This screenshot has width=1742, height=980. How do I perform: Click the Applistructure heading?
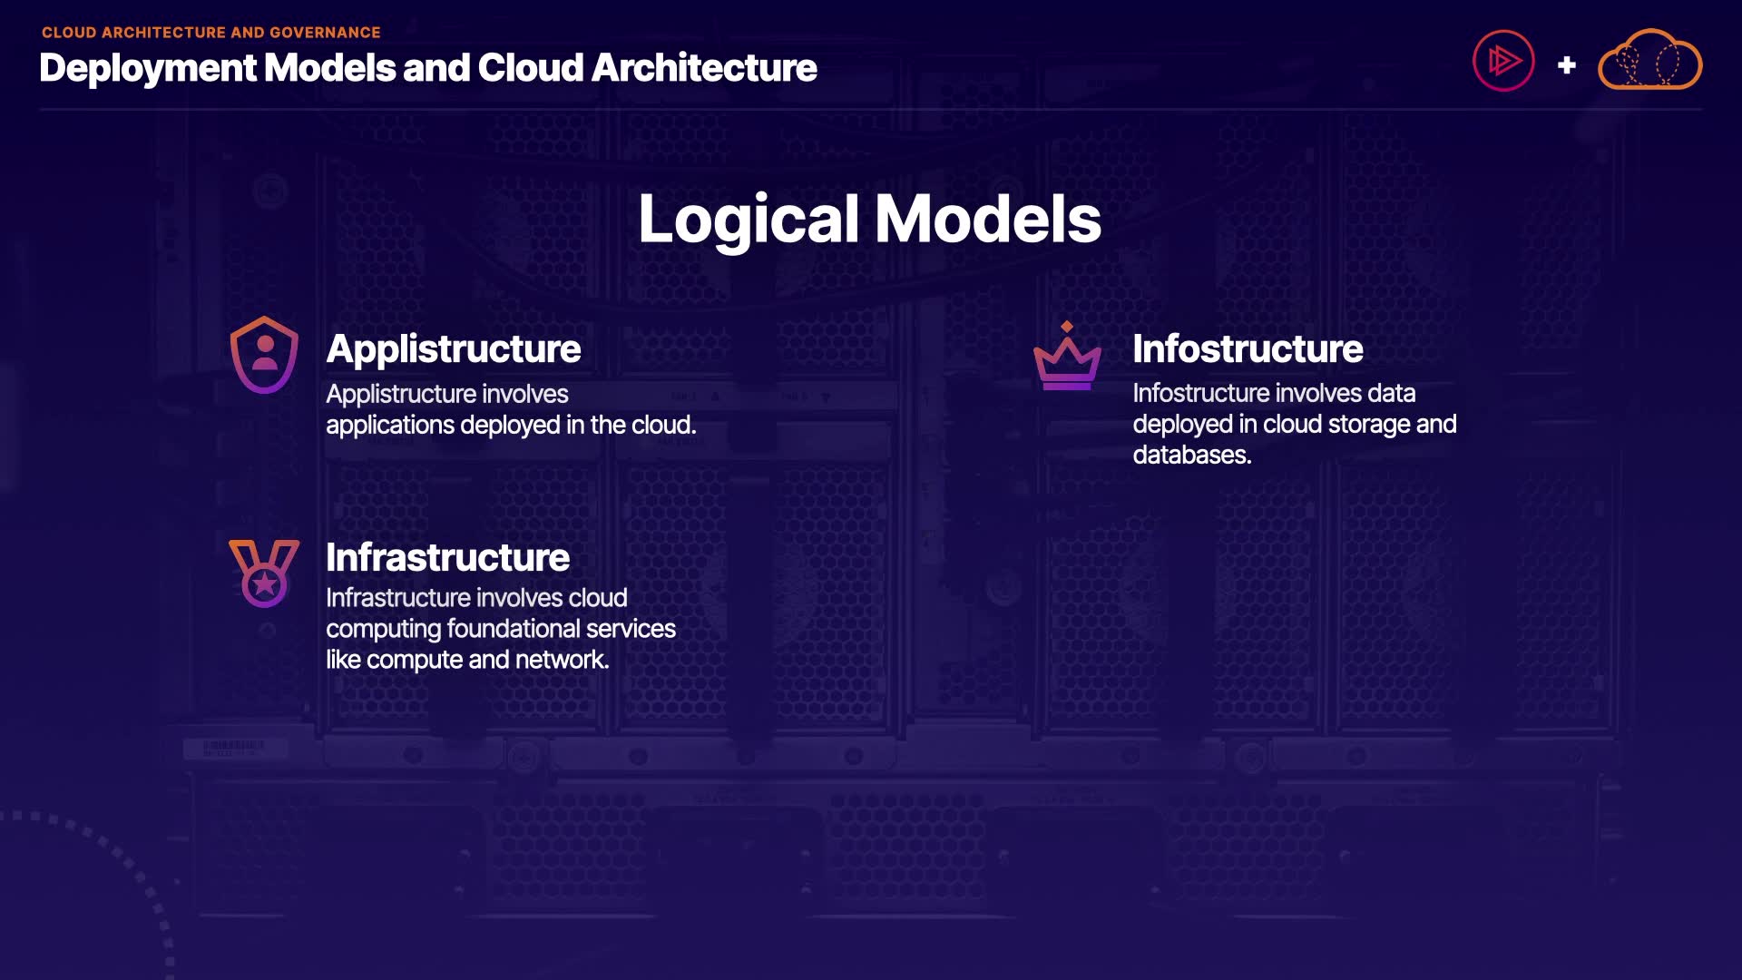pyautogui.click(x=453, y=349)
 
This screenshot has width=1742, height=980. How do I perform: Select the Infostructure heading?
pyautogui.click(x=1247, y=349)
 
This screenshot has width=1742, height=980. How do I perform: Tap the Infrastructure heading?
pyautogui.click(x=447, y=557)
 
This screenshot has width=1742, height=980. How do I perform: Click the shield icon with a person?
pyautogui.click(x=264, y=355)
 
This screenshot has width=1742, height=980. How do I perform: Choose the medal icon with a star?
pyautogui.click(x=264, y=573)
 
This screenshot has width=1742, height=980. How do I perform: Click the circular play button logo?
pyautogui.click(x=1502, y=62)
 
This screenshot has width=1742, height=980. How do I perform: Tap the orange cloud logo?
pyautogui.click(x=1649, y=61)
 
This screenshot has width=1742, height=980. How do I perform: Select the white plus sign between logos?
pyautogui.click(x=1566, y=65)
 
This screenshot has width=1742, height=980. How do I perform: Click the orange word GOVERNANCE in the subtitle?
pyautogui.click(x=325, y=33)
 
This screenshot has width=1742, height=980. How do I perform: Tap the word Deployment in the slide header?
pyautogui.click(x=148, y=69)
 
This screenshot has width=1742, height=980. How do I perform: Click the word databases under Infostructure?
pyautogui.click(x=1191, y=455)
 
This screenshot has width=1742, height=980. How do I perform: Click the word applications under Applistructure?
pyautogui.click(x=390, y=426)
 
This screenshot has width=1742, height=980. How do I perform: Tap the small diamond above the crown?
pyautogui.click(x=1067, y=327)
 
